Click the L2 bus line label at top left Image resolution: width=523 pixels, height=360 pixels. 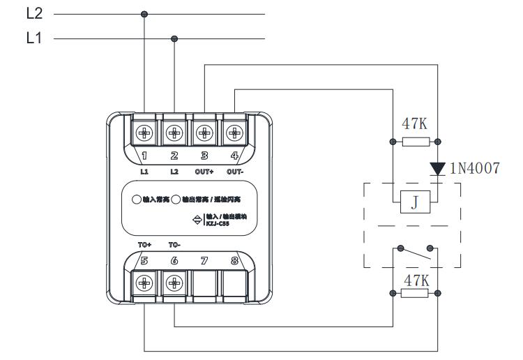tap(34, 13)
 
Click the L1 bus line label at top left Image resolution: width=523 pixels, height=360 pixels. tap(34, 38)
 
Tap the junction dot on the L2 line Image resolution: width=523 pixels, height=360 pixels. tap(144, 14)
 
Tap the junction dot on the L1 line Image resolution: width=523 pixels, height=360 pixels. tap(174, 39)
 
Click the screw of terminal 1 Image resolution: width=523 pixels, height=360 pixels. tap(145, 131)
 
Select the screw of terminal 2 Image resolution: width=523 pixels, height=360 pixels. tap(174, 131)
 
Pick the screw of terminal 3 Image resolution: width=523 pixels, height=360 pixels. tap(204, 131)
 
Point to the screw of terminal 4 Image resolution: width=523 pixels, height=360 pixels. tap(234, 131)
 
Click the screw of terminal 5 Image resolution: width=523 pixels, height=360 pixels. tap(145, 283)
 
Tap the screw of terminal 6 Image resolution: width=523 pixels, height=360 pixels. tap(174, 283)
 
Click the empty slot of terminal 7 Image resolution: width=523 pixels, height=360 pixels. tap(204, 283)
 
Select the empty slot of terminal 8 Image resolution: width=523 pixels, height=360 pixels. tap(234, 283)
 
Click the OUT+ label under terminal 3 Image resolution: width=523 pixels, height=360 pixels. tap(204, 171)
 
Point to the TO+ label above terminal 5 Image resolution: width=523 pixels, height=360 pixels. tap(145, 245)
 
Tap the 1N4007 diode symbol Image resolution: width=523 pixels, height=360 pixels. tap(437, 168)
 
